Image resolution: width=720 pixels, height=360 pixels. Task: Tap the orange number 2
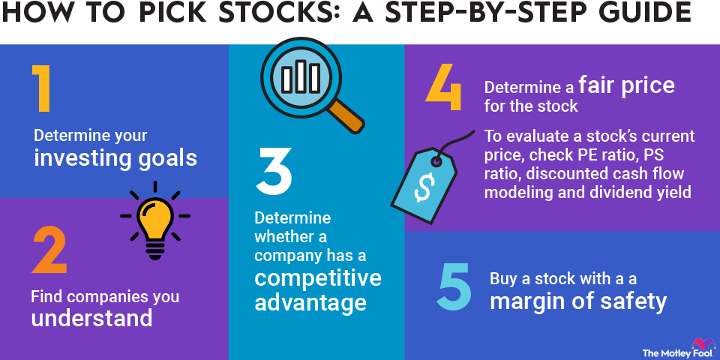tap(50, 249)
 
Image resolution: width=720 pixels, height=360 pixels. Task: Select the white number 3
tap(272, 172)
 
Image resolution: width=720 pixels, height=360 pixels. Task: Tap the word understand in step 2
tap(91, 318)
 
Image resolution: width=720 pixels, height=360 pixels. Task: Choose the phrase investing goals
tap(115, 159)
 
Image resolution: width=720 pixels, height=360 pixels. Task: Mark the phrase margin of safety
tap(577, 301)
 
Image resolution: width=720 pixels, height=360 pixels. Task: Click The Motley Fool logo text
tap(668, 351)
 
